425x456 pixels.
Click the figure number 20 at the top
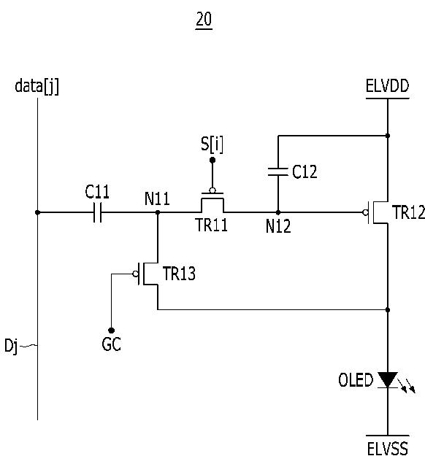[204, 19]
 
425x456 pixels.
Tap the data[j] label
[37, 86]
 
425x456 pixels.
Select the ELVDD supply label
[387, 86]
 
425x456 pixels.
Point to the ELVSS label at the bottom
[387, 448]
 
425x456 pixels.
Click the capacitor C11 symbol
[98, 212]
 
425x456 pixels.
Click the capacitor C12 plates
[278, 171]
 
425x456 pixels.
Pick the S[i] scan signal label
[212, 144]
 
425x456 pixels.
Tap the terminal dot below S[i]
[212, 160]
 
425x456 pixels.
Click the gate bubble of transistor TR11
[212, 190]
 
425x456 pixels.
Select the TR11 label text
[212, 225]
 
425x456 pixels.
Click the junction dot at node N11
[158, 212]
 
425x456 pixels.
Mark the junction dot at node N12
[278, 212]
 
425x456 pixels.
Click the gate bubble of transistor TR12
[365, 212]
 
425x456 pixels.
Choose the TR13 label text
[179, 274]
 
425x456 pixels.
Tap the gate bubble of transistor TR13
[135, 274]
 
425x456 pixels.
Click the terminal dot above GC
[111, 331]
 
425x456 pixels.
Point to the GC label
[111, 344]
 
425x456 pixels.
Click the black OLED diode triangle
[388, 379]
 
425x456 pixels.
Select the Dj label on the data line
[11, 347]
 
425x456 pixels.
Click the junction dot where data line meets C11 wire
[37, 212]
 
